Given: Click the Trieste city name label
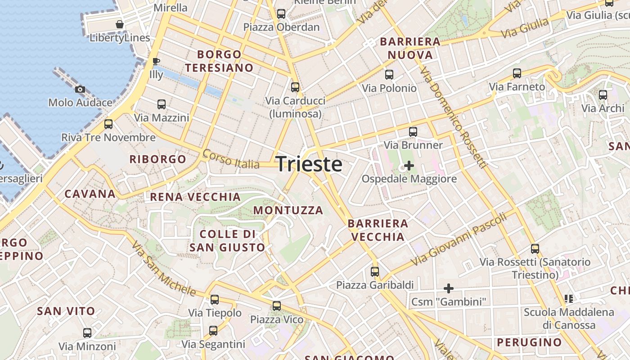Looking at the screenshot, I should coord(309,164).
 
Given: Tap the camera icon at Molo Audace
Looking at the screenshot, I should coord(80,90).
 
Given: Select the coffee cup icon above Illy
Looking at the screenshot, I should coord(156,61).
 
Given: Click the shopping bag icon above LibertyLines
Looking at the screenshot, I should coord(120,24).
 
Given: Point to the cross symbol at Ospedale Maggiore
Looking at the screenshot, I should coord(409,166).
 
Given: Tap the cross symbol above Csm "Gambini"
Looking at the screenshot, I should coord(448,288).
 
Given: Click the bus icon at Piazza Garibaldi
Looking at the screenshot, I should coord(375,272).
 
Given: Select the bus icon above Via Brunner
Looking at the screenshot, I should coord(413,132).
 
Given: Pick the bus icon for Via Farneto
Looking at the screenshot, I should coord(517,73).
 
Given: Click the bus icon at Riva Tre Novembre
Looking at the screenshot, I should coord(108,124).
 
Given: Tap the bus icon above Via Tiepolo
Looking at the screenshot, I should coord(215,299).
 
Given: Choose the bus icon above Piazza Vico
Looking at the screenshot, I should coord(277,306).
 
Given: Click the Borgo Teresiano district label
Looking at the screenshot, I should coord(220,61).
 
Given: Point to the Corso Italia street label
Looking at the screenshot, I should coord(231,159).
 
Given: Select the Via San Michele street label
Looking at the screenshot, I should coord(164,269).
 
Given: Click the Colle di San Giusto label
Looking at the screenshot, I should coord(227,241).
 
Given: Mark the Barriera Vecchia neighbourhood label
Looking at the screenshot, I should coord(378,230).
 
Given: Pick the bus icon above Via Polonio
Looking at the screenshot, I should coord(389,75).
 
